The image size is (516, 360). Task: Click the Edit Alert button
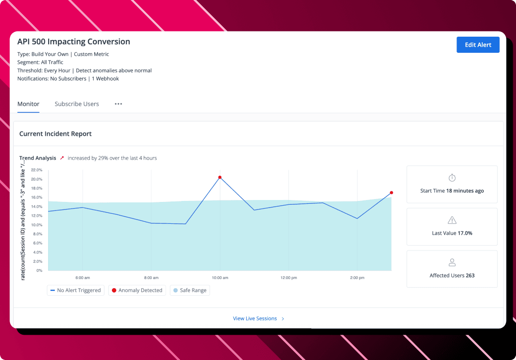coord(478,45)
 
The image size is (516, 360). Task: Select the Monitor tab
coord(29,104)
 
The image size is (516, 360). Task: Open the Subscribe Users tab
coord(77,104)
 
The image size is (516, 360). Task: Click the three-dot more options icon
coord(119,104)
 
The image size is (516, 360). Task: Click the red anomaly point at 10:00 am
coord(220,177)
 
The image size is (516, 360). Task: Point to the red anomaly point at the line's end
coord(391,193)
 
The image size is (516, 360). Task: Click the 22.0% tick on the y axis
coord(37,170)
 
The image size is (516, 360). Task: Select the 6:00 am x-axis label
coord(83,278)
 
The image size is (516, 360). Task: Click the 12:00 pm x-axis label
coord(288,278)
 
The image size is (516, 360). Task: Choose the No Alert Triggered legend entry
coord(76,290)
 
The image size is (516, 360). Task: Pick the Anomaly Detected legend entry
coord(137,290)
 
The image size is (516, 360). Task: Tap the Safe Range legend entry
coord(190,290)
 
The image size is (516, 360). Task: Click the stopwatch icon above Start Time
coord(452,178)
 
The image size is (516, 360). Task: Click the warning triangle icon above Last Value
coord(452,220)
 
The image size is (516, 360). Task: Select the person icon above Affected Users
coord(452,262)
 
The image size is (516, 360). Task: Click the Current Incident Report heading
coord(55,134)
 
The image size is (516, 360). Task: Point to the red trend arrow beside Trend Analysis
coord(62,158)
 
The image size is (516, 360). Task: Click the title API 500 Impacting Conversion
coord(74,41)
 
